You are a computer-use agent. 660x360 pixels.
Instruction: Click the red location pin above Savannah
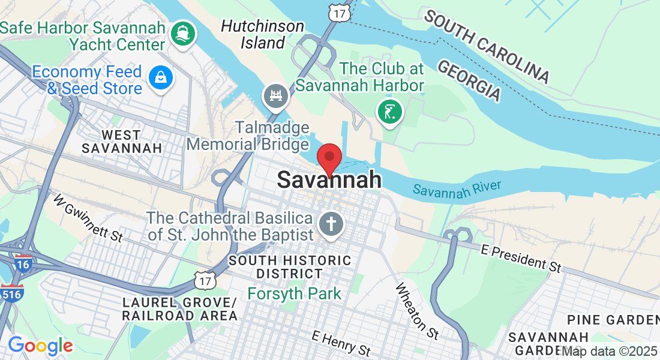pyautogui.click(x=329, y=158)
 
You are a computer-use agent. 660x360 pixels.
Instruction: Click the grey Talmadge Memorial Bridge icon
pyautogui.click(x=276, y=95)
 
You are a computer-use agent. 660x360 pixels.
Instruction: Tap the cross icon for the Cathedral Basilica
pyautogui.click(x=331, y=224)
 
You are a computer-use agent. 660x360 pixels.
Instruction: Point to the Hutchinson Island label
pyautogui.click(x=263, y=34)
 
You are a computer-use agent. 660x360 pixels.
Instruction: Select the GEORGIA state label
pyautogui.click(x=469, y=80)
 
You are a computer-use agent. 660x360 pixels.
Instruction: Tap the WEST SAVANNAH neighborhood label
pyautogui.click(x=122, y=141)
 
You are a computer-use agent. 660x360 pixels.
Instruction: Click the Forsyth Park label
pyautogui.click(x=295, y=294)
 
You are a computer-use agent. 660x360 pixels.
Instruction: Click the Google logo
pyautogui.click(x=40, y=346)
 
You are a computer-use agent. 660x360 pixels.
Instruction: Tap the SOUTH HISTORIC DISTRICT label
pyautogui.click(x=290, y=267)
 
